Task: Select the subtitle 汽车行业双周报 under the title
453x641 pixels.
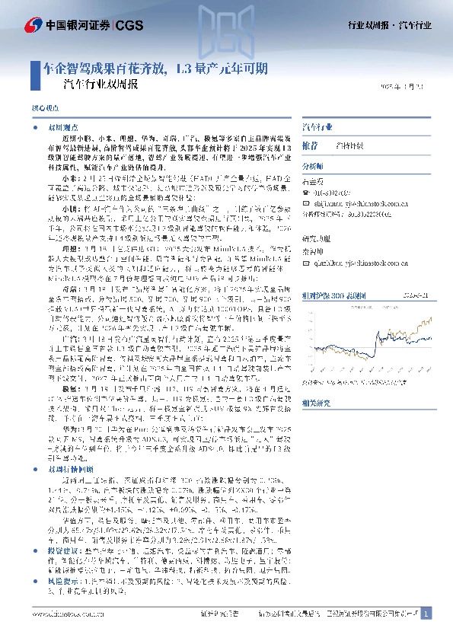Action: click(x=101, y=85)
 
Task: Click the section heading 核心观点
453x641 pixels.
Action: click(x=43, y=110)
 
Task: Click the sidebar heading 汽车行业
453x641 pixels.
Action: click(x=317, y=126)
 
